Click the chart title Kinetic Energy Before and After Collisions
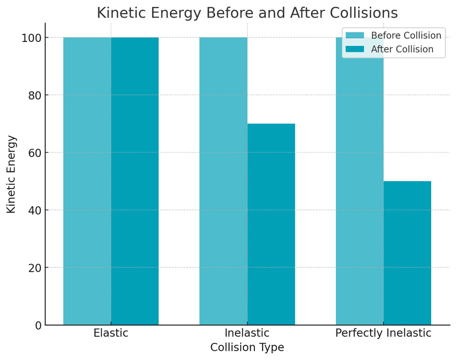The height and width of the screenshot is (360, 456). point(247,13)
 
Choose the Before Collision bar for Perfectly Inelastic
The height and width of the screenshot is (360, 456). point(359,193)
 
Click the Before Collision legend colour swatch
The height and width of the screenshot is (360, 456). point(355,36)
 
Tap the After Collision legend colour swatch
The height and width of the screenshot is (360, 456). point(355,50)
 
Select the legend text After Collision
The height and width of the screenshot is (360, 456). point(402,50)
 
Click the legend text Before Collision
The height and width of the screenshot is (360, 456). point(406,36)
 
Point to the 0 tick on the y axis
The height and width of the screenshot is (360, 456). point(38,325)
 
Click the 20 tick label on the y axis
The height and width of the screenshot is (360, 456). point(35,268)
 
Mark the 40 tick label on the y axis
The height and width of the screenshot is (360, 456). point(35,210)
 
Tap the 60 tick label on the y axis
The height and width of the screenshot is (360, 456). point(35,153)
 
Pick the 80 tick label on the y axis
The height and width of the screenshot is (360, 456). point(35,95)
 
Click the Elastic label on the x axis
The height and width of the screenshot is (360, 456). point(111,334)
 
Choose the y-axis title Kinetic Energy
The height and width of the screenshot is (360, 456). point(12,174)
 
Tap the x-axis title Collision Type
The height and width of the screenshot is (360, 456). point(247,348)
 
